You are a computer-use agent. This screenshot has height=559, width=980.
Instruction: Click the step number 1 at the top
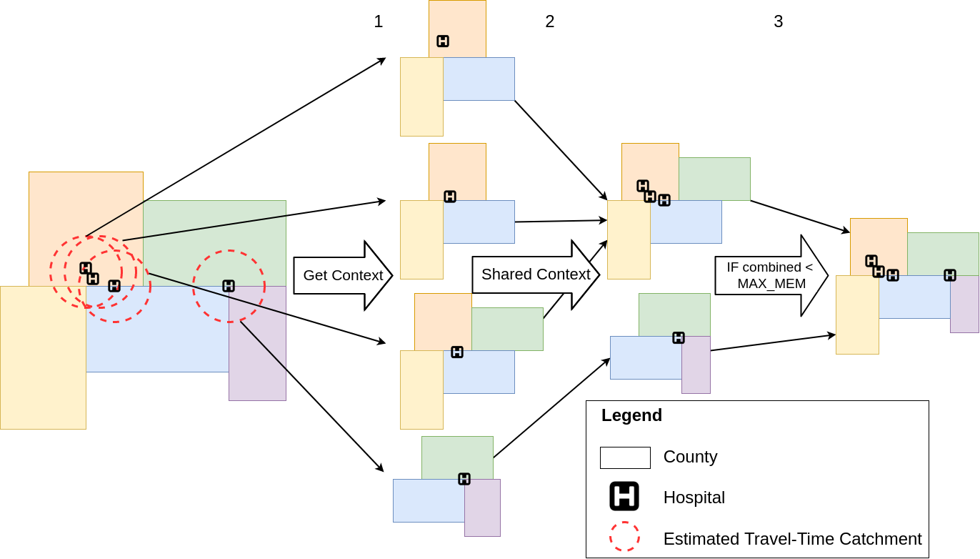pos(378,21)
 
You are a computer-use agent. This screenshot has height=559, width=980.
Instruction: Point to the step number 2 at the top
pos(549,21)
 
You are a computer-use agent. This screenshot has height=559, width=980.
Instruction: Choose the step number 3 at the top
pos(778,21)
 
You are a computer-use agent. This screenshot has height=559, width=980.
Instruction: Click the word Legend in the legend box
pos(631,415)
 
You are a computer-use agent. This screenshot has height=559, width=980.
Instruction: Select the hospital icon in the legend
pos(624,496)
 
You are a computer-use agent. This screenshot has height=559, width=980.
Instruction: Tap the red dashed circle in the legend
pos(624,536)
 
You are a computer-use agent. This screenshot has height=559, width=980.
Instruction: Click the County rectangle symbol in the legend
pos(625,457)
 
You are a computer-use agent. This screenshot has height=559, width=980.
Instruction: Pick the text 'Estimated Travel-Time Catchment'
pos(792,539)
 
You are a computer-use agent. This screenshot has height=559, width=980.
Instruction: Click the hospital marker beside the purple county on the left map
pos(229,286)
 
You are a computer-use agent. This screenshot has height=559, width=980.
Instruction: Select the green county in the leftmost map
pos(214,236)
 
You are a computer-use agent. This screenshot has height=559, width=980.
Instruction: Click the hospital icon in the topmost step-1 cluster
pos(443,41)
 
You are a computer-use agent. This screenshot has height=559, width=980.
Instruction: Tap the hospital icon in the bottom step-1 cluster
pos(464,479)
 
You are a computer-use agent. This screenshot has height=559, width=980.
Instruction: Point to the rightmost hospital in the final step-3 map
pos(950,275)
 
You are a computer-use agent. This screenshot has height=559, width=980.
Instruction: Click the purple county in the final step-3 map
pos(964,307)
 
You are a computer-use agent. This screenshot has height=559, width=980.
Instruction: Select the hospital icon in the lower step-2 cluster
pos(679,337)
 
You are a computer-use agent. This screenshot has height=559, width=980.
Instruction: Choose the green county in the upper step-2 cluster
pos(714,179)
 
